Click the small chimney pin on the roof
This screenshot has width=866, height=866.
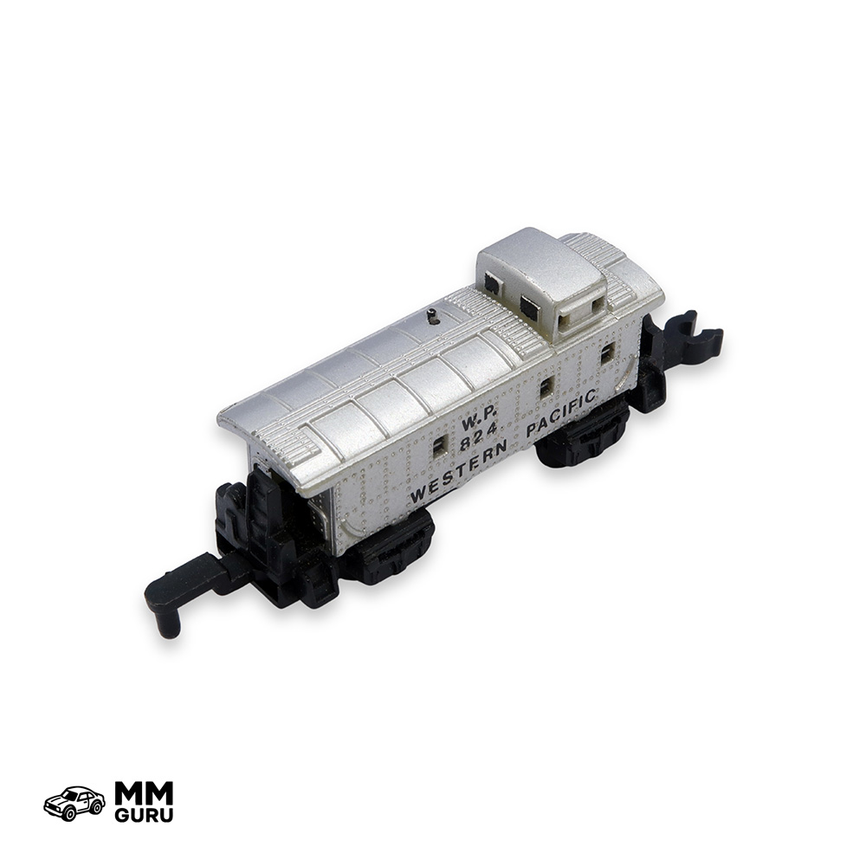pyautogui.click(x=433, y=316)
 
